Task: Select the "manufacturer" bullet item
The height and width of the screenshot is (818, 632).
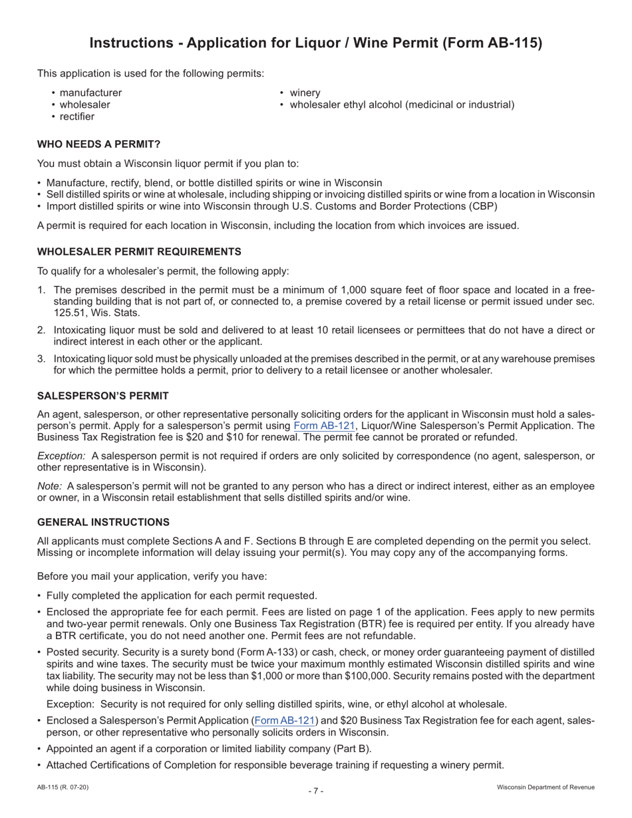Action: click(x=90, y=93)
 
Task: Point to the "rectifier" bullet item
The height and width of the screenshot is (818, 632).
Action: click(x=77, y=117)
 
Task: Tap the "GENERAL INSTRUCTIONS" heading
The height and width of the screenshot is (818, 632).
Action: click(x=103, y=522)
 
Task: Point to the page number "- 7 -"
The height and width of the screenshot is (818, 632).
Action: click(x=316, y=791)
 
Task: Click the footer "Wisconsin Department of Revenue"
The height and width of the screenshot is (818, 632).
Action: click(x=546, y=787)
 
